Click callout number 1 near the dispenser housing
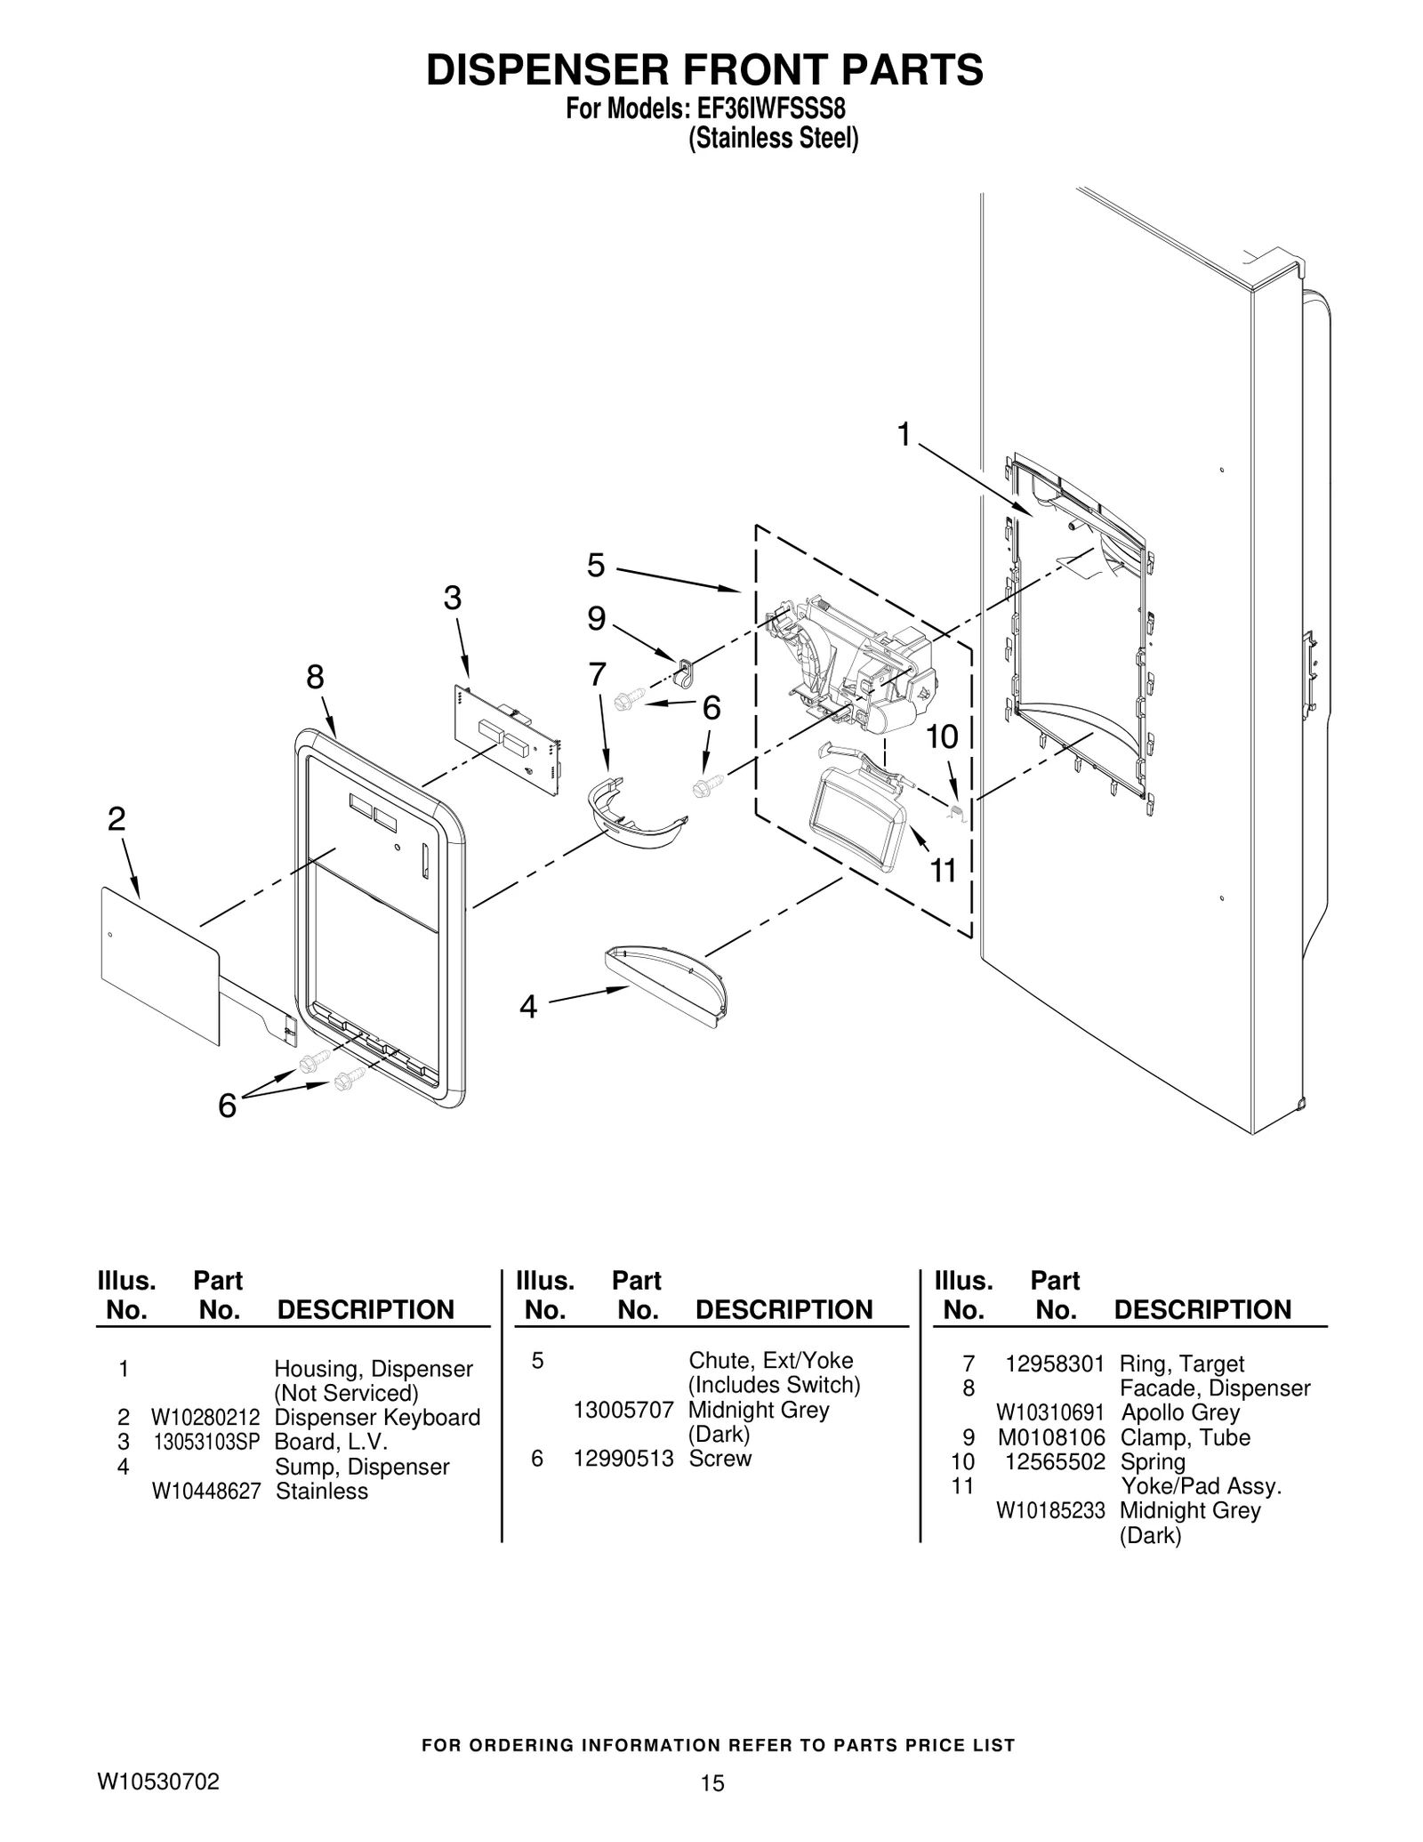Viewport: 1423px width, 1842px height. point(904,435)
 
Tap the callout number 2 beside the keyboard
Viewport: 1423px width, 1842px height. point(117,819)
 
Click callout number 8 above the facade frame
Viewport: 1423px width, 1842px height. point(315,678)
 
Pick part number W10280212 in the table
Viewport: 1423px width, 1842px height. point(205,1418)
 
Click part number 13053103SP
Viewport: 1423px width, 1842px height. point(205,1442)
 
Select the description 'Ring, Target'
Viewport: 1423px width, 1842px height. point(1181,1364)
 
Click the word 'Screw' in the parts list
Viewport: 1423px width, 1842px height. point(720,1459)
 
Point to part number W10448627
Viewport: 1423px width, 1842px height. point(205,1492)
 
